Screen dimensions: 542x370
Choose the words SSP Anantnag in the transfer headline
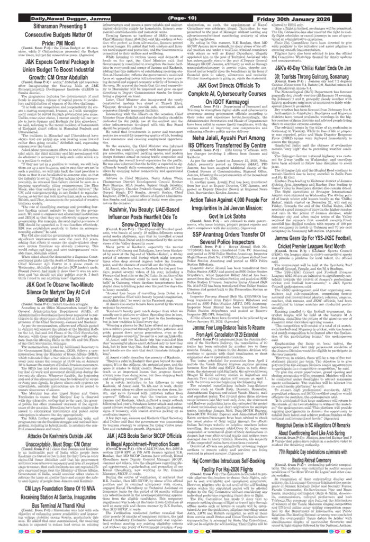212,234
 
